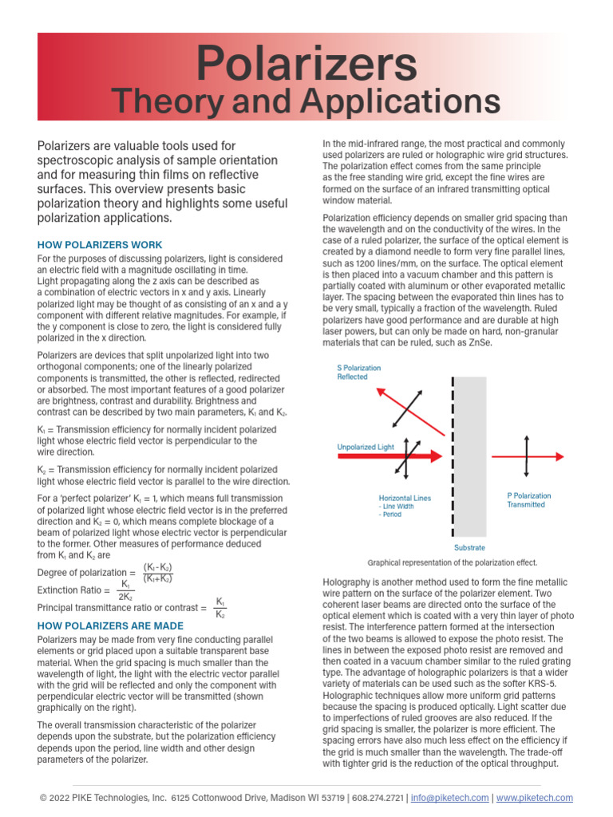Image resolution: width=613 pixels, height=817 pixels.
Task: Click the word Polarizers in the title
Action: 306,63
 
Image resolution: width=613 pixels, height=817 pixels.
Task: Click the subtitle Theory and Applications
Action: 306,102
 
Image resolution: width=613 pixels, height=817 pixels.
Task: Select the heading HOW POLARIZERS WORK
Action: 100,245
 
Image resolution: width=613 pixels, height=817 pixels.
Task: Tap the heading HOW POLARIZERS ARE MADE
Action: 110,626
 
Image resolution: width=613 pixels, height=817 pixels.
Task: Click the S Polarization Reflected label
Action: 358,373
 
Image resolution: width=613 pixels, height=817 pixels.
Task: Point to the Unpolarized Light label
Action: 366,448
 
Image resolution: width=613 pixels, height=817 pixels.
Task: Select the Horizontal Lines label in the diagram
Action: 405,499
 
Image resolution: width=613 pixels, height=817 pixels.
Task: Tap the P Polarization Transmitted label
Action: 528,500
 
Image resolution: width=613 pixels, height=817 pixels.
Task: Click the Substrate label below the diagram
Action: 469,548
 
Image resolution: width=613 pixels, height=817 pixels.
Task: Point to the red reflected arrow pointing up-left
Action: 391,401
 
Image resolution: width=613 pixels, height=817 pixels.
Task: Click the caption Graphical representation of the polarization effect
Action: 452,562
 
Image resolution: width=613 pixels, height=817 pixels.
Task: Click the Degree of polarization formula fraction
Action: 158,573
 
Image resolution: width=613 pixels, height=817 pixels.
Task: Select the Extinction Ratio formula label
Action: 73,590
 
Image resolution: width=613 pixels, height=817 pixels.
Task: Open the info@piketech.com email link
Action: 450,798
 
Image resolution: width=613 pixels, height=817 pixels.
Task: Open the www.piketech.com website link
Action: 535,798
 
